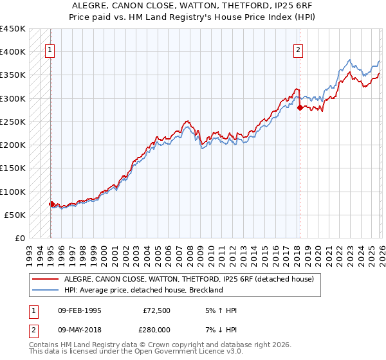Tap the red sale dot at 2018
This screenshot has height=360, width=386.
point(300,107)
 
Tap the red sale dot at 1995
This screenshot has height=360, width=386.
point(51,204)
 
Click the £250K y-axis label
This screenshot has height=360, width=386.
point(13,122)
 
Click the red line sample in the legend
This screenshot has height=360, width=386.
point(46,280)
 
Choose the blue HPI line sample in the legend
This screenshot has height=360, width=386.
point(46,291)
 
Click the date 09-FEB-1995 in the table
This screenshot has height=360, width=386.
point(79,310)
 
